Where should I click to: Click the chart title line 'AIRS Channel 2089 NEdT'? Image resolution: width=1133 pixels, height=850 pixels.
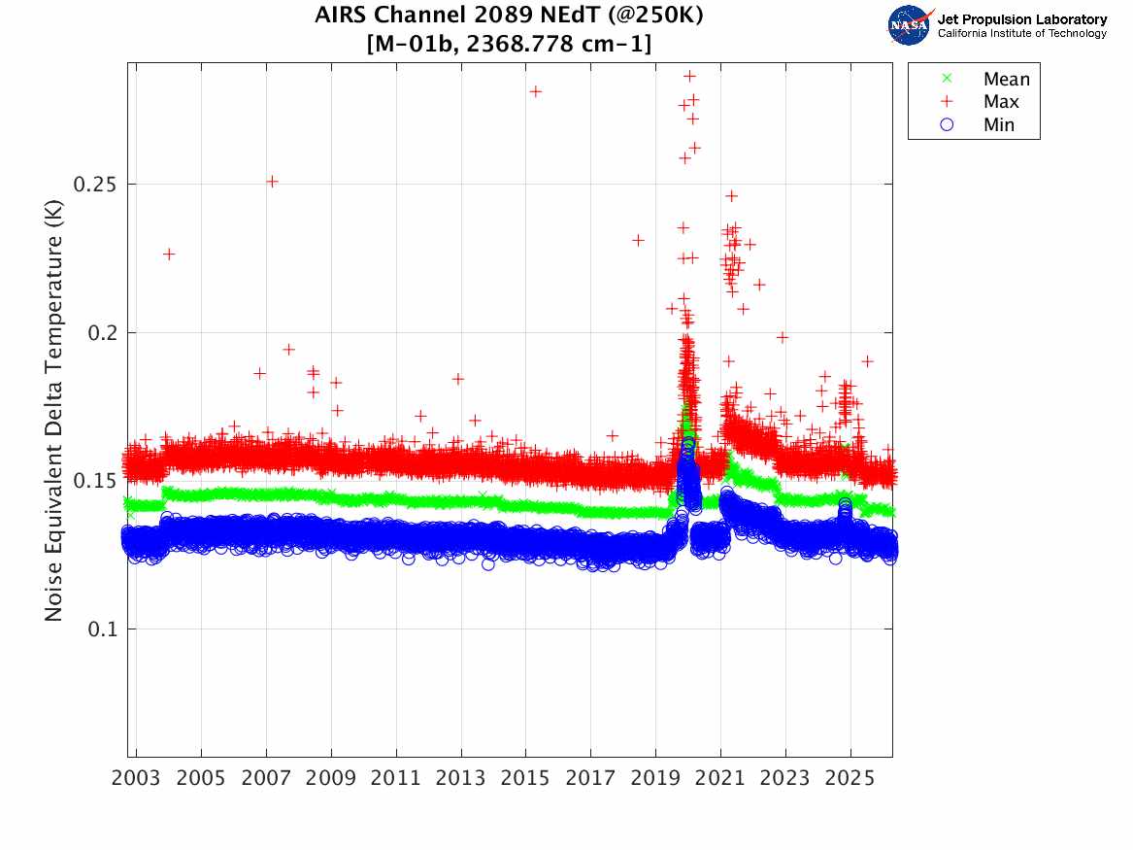pyautogui.click(x=509, y=16)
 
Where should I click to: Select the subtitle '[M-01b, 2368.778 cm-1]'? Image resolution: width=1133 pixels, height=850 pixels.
pyautogui.click(x=509, y=44)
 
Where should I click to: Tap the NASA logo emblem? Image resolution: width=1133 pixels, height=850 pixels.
pyautogui.click(x=910, y=25)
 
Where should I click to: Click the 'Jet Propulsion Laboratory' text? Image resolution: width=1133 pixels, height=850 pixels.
pyautogui.click(x=1021, y=18)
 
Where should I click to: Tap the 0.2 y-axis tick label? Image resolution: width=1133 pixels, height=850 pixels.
pyautogui.click(x=101, y=332)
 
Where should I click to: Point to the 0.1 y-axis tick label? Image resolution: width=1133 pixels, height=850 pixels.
pyautogui.click(x=101, y=629)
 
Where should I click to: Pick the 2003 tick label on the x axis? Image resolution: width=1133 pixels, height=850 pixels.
pyautogui.click(x=137, y=778)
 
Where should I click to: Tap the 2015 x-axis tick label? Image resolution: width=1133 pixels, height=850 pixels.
pyautogui.click(x=525, y=778)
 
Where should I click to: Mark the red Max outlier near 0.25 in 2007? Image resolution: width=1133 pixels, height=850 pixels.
pyautogui.click(x=273, y=181)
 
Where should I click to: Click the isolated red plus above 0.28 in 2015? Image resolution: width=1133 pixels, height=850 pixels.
pyautogui.click(x=535, y=91)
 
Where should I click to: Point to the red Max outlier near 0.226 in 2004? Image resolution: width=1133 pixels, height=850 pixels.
pyautogui.click(x=169, y=254)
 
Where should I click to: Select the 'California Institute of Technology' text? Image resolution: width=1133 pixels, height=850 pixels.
pyautogui.click(x=1021, y=34)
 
